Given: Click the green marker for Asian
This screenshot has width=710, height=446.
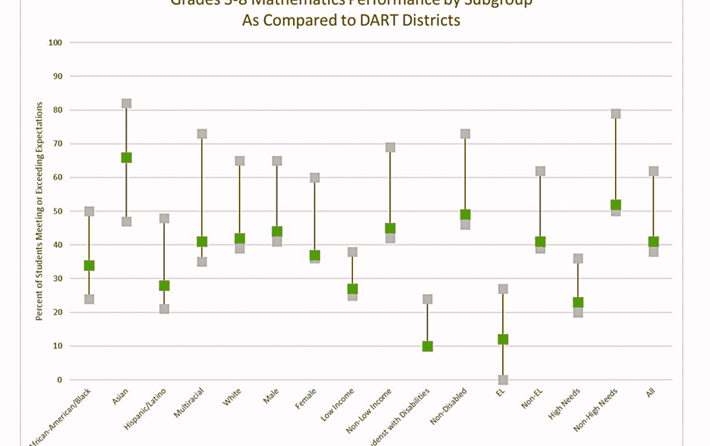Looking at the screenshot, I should click(126, 157).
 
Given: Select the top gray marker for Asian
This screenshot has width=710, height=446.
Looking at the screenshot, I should click(126, 103).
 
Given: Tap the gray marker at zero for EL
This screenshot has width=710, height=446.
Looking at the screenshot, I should click(503, 379).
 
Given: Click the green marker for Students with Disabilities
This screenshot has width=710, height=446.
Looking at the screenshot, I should click(428, 346).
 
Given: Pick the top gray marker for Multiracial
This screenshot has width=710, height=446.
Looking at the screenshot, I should click(202, 133).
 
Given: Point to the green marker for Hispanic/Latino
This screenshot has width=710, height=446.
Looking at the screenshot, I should click(164, 285).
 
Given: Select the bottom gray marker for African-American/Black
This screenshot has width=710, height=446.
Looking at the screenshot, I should click(89, 299).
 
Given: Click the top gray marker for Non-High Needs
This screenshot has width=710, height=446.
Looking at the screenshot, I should click(616, 114).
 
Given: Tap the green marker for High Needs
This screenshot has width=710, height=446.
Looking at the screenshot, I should click(578, 303).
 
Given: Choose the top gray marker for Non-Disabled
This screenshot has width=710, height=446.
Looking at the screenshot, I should click(465, 133).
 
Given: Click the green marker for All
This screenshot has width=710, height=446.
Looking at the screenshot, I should click(653, 242).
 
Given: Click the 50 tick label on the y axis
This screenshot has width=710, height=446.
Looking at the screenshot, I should click(57, 211).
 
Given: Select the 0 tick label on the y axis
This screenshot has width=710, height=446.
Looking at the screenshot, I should click(59, 380).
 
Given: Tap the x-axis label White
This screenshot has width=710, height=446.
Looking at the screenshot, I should click(232, 397).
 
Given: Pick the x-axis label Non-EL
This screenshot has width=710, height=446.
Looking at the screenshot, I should click(532, 398).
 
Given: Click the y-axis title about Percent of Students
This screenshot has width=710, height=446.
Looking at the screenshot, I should click(39, 211).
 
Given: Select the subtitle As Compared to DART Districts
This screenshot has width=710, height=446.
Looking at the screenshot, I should click(350, 20).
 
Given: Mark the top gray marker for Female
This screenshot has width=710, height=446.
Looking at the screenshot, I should click(315, 178).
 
